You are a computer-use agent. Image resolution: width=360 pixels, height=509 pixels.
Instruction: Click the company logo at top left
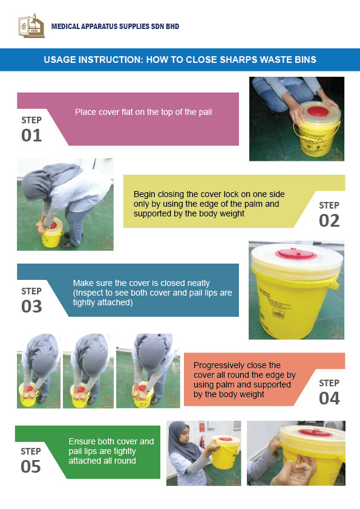pyautogui.click(x=31, y=26)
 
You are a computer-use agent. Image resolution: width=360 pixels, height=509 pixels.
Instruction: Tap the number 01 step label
pyautogui.click(x=31, y=135)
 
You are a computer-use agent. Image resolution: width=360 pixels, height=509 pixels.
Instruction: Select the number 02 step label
pyautogui.click(x=329, y=221)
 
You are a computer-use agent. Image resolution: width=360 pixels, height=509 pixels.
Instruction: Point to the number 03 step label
pyautogui.click(x=31, y=306)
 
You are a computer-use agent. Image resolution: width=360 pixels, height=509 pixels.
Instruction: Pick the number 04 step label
pyautogui.click(x=329, y=398)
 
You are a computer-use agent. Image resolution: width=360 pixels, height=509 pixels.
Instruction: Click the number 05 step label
pyautogui.click(x=31, y=467)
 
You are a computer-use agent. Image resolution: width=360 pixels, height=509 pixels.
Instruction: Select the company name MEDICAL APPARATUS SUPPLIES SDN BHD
pyautogui.click(x=115, y=27)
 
